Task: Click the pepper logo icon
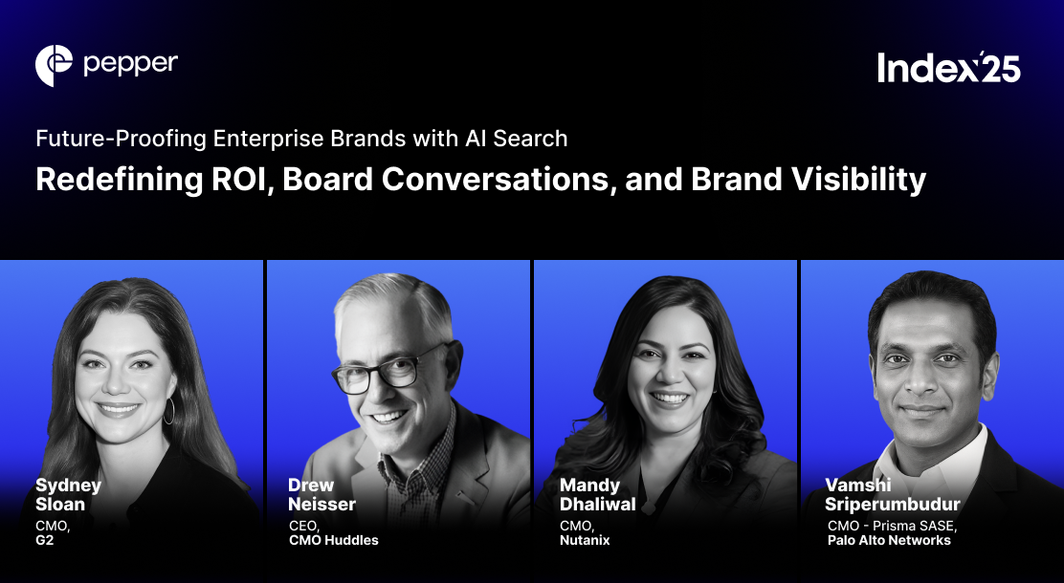click(x=54, y=65)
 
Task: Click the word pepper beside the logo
click(x=130, y=64)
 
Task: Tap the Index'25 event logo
click(x=948, y=67)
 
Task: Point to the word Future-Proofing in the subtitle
click(x=122, y=139)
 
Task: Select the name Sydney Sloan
click(x=68, y=494)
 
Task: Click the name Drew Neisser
click(x=321, y=494)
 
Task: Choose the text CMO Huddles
click(x=333, y=540)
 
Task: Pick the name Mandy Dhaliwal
click(x=597, y=494)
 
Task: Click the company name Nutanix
click(x=585, y=540)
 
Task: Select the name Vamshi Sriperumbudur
click(x=893, y=494)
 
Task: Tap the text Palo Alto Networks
click(x=889, y=540)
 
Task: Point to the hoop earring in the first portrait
click(x=169, y=411)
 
